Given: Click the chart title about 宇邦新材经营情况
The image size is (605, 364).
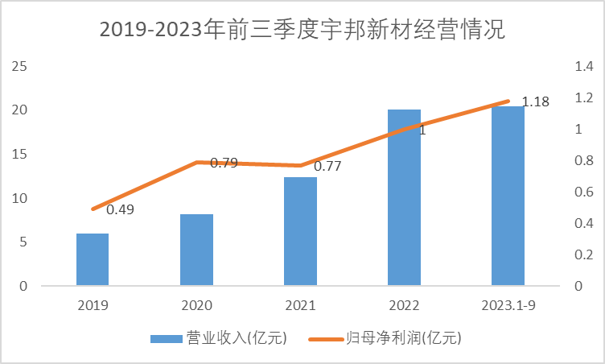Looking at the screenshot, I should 302,31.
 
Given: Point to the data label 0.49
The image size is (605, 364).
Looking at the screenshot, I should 120,210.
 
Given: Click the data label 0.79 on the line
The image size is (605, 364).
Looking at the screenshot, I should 224,163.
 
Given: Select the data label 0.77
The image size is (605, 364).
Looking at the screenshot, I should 327,168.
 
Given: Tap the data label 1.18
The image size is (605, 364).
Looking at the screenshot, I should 536,101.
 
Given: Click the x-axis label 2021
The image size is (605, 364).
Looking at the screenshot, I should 300,306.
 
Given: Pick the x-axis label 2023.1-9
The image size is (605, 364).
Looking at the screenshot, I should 508,306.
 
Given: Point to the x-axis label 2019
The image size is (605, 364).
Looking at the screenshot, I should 93,306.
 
